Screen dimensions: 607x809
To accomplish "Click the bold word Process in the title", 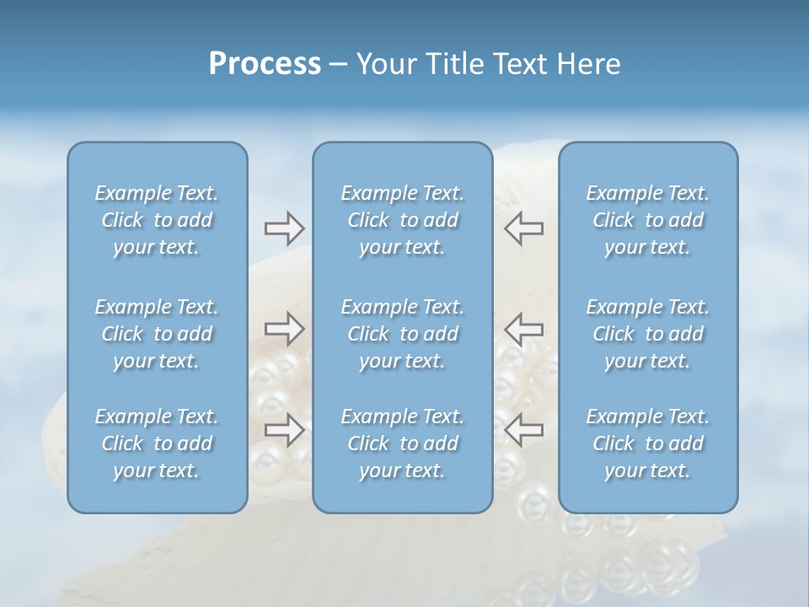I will click(x=265, y=64).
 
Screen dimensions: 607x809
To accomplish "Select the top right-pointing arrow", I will click(x=284, y=228).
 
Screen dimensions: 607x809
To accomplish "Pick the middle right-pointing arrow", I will click(x=284, y=328).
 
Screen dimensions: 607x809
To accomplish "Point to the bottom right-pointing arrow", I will click(x=284, y=429).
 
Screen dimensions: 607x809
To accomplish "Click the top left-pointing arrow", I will click(x=523, y=228).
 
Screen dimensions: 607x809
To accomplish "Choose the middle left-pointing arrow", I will click(x=523, y=328).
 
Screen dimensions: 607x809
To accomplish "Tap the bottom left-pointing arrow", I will click(x=523, y=429).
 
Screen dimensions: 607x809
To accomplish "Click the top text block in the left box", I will click(x=157, y=220).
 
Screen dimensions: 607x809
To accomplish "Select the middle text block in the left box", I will click(x=157, y=334).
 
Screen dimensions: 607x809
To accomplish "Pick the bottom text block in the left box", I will click(x=157, y=443).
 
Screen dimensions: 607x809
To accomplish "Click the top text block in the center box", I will click(x=403, y=220).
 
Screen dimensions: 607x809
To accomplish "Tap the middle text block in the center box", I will click(x=403, y=334).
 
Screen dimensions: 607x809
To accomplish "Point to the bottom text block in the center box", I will click(x=403, y=443).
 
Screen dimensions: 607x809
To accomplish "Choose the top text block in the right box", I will click(x=648, y=220).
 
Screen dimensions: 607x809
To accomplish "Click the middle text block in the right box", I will click(x=648, y=334).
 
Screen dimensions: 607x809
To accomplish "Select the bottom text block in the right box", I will click(x=648, y=443).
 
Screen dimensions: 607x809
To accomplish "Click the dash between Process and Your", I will click(x=338, y=65).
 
